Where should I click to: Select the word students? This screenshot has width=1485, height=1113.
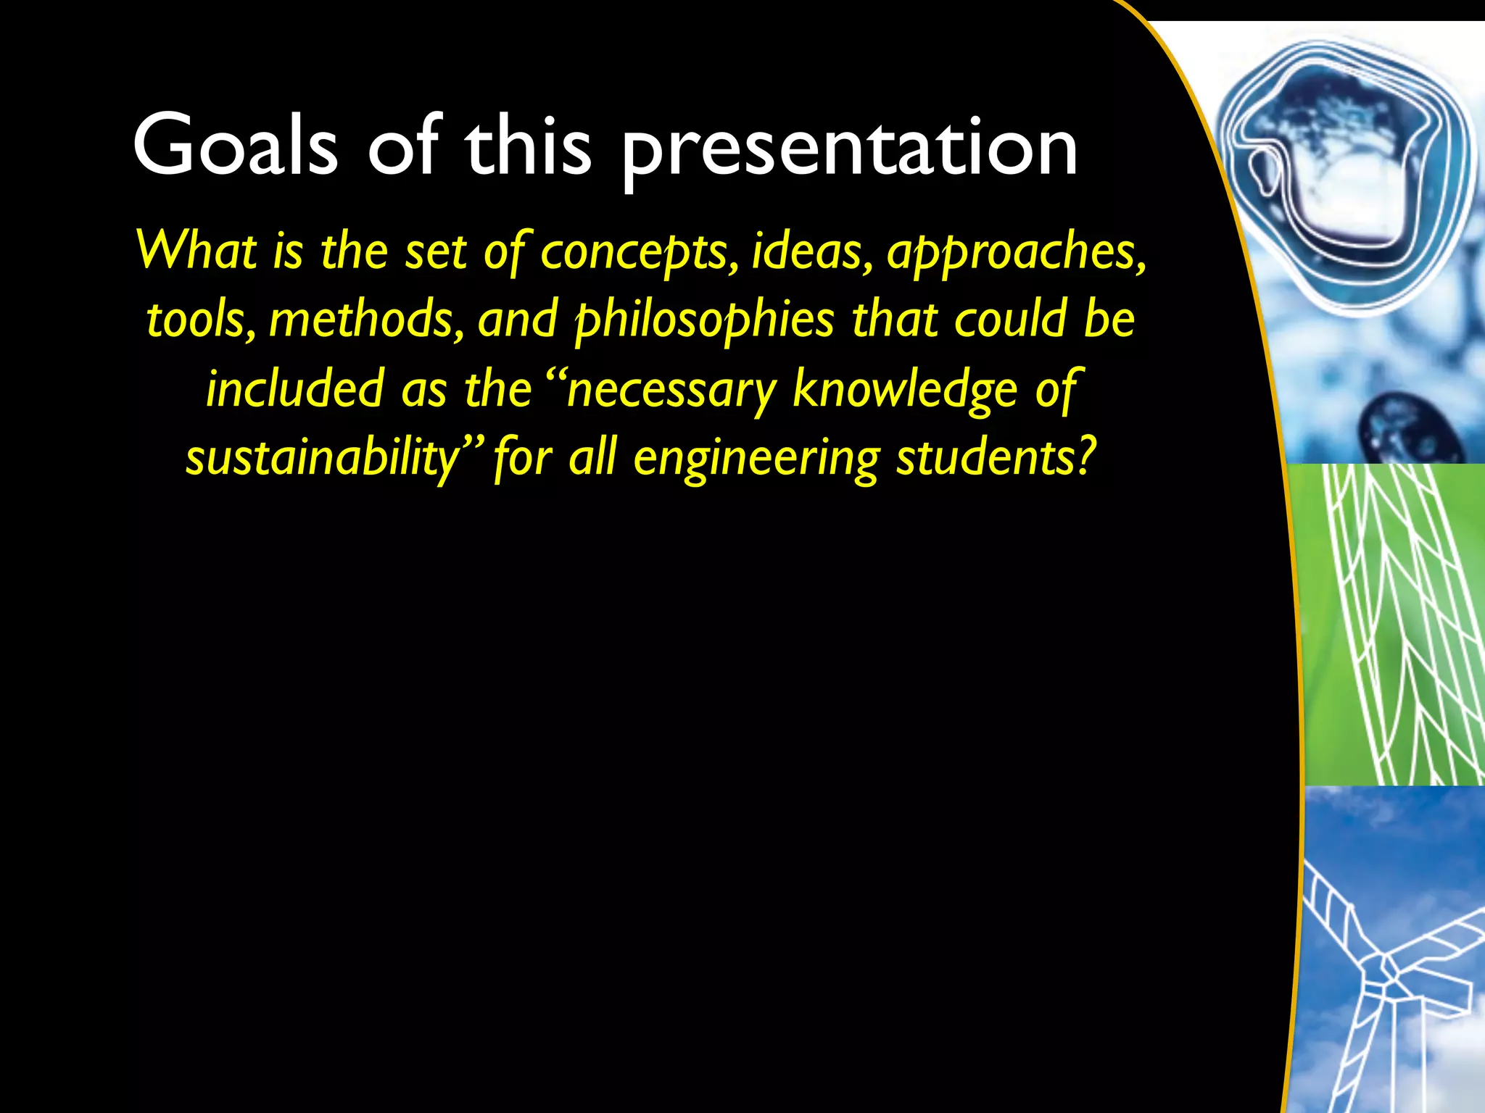pos(985,457)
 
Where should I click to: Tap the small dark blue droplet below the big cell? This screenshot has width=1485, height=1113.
pos(1403,428)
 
